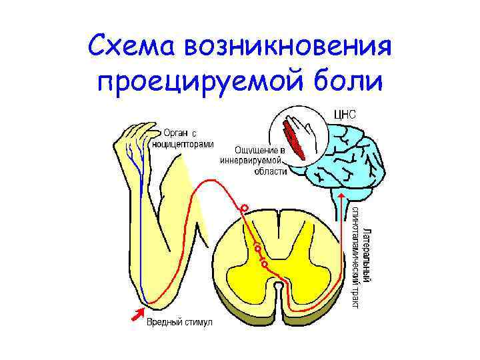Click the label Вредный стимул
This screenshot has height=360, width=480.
click(x=179, y=323)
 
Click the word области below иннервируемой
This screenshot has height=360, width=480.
click(x=271, y=171)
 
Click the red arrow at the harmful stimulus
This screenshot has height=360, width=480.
click(x=140, y=311)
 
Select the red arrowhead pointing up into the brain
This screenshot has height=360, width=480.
click(x=341, y=195)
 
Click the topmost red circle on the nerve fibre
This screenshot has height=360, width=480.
click(x=245, y=209)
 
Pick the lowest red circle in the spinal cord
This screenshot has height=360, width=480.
click(x=265, y=264)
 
